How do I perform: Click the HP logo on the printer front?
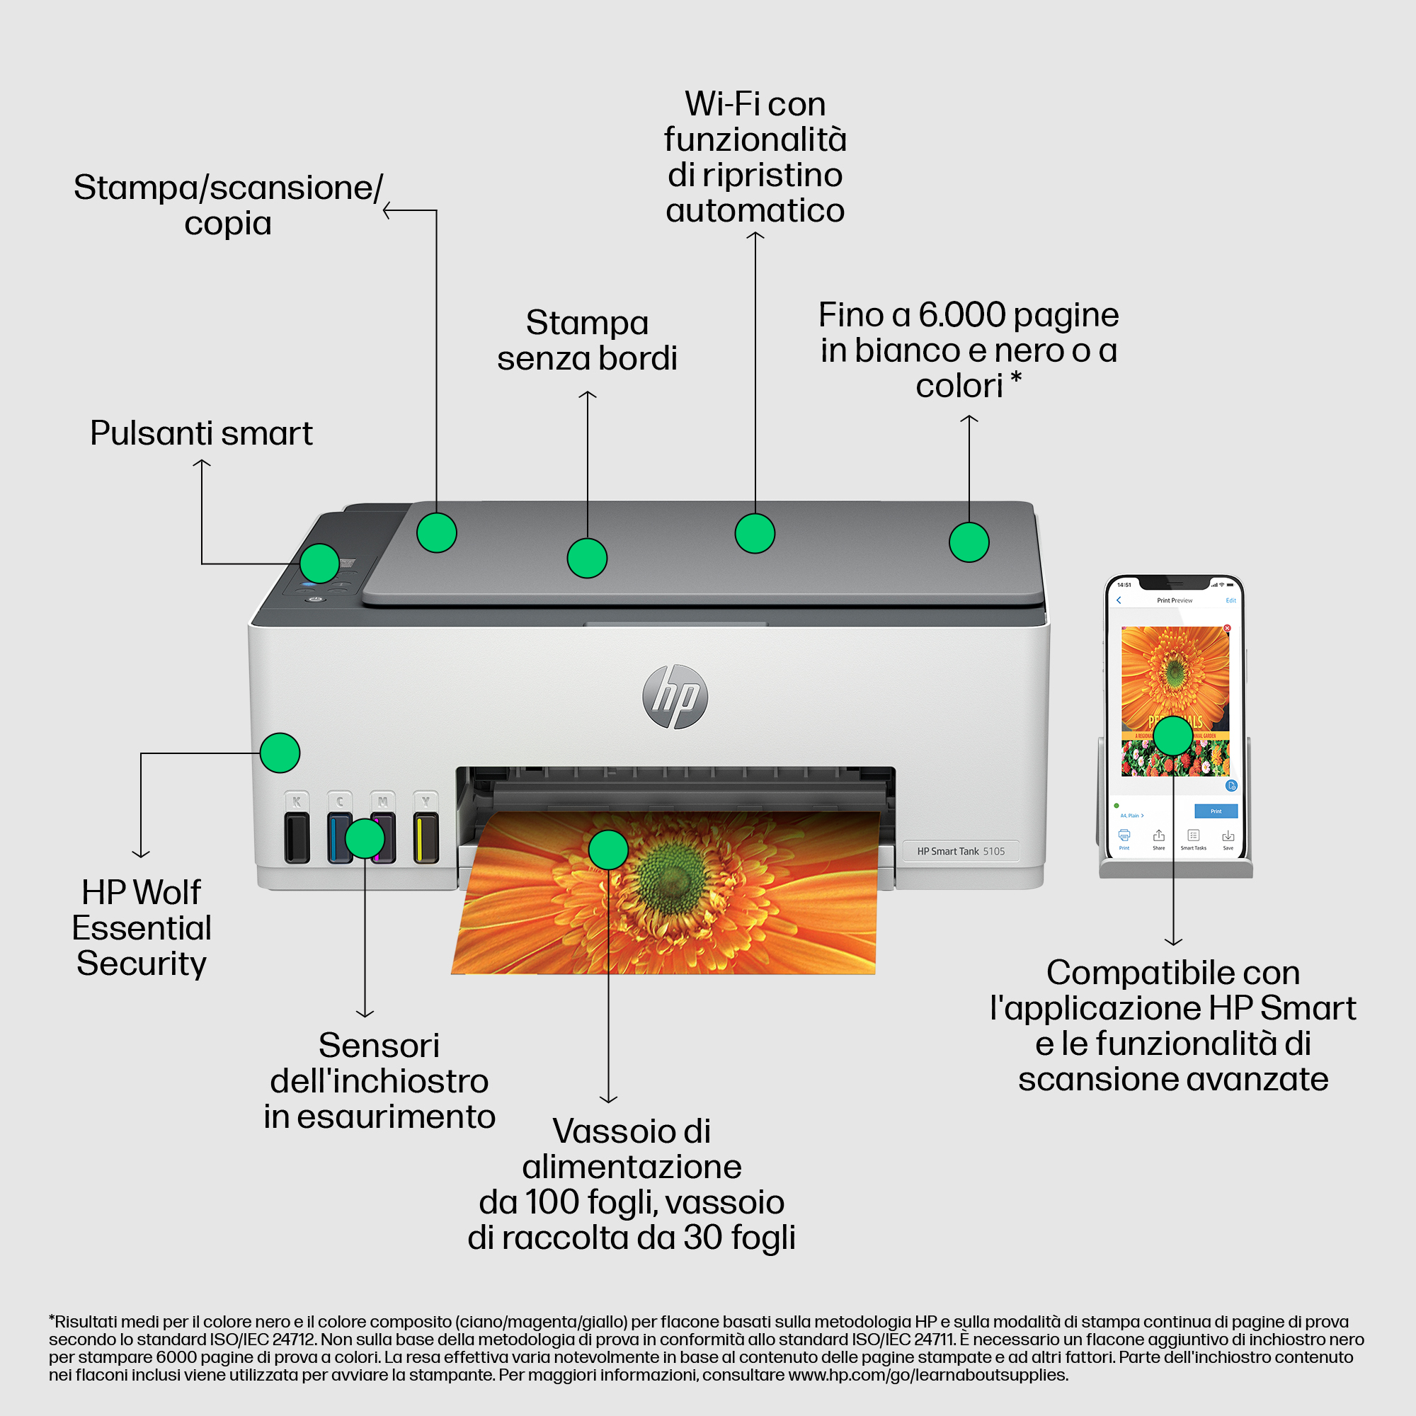(x=675, y=696)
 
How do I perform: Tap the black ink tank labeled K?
(x=297, y=836)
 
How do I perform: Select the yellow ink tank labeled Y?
(x=426, y=836)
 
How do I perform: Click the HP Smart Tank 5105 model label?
(x=961, y=851)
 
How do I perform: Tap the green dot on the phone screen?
(x=1172, y=735)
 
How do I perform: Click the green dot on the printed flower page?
(x=607, y=850)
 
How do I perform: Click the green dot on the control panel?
(x=319, y=563)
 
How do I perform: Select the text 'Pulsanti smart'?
(x=201, y=433)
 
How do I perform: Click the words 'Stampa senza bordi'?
(x=587, y=341)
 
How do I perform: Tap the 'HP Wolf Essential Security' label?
(x=142, y=928)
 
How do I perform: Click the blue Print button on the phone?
(x=1215, y=811)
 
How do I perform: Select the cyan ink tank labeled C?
(x=339, y=836)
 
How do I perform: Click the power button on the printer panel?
(x=316, y=599)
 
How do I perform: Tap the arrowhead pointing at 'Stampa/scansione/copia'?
(x=387, y=210)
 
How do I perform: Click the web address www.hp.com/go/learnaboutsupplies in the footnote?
(x=928, y=1375)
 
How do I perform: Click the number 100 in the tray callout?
(x=550, y=1203)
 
